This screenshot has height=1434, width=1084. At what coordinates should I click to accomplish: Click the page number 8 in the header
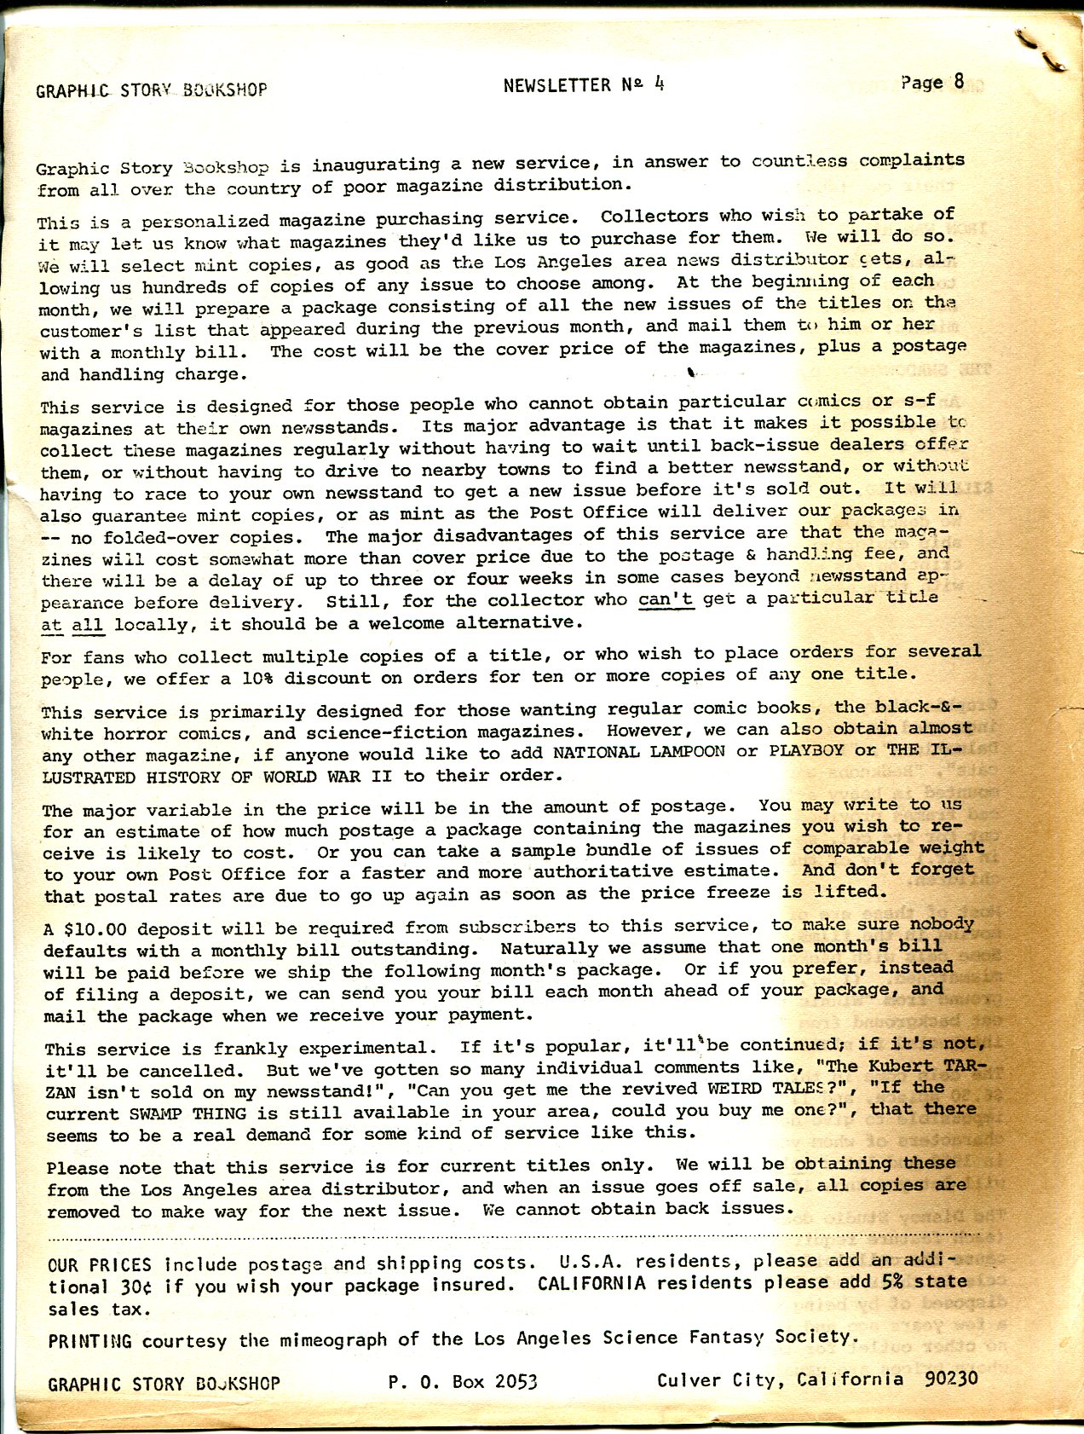coord(959,82)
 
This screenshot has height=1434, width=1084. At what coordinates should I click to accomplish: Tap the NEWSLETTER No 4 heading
coord(583,84)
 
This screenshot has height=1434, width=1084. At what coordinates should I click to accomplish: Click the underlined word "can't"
coord(666,599)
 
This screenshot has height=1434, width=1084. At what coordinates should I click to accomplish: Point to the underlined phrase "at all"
coord(72,625)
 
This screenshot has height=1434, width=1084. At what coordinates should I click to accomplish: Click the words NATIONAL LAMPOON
coord(638,752)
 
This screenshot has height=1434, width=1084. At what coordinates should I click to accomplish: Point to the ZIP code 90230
coord(951,1379)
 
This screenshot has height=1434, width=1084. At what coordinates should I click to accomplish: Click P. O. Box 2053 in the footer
coord(463,1382)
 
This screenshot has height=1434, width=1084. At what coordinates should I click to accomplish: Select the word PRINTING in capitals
coord(89,1341)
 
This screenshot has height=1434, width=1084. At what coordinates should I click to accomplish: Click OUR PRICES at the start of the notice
coord(100,1266)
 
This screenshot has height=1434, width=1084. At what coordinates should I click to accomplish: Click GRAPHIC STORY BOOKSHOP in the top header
coord(152,90)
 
